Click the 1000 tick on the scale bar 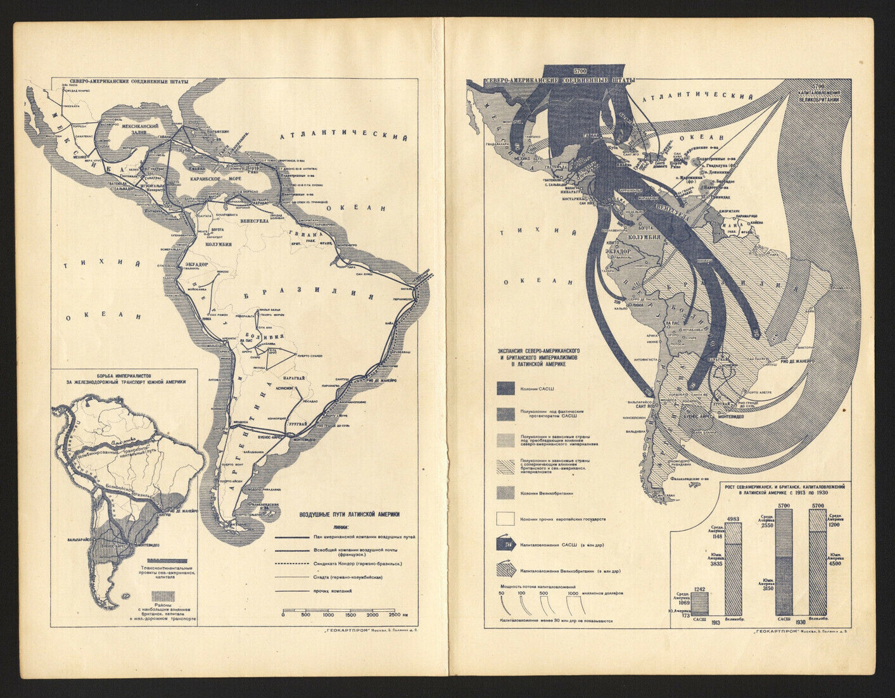pyautogui.click(x=328, y=614)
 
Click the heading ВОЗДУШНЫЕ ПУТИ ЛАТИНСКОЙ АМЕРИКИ pyautogui.click(x=349, y=514)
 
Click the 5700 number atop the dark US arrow pyautogui.click(x=580, y=70)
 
